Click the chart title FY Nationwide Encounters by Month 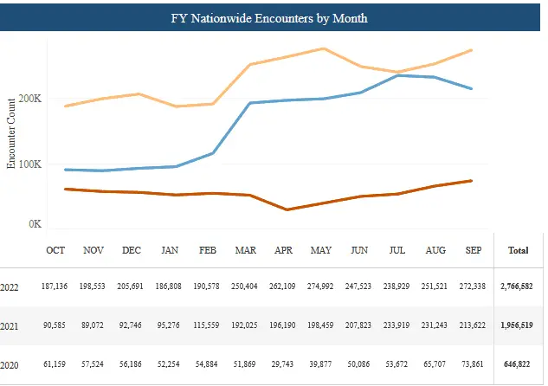click(274, 16)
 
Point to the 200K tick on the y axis click(30, 99)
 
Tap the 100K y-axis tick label click(30, 164)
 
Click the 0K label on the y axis click(35, 224)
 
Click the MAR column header click(245, 251)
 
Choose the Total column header click(518, 251)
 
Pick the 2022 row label click(10, 286)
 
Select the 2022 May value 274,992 click(322, 286)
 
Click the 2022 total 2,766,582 click(517, 286)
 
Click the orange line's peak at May click(323, 48)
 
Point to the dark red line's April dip click(285, 209)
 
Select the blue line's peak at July click(397, 75)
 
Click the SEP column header click(473, 251)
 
